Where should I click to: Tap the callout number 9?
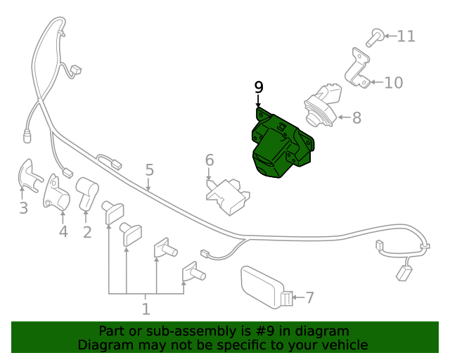click(259, 87)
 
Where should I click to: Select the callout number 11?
click(406, 36)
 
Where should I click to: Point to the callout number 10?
click(393, 83)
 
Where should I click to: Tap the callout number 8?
click(356, 117)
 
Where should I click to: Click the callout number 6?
click(210, 160)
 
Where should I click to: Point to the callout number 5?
click(149, 169)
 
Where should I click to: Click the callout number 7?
click(309, 297)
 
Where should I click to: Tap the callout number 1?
click(146, 309)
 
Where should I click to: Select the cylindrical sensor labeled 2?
click(87, 193)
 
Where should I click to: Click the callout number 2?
click(87, 231)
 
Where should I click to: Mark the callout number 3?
click(23, 208)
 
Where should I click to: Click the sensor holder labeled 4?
click(57, 193)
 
